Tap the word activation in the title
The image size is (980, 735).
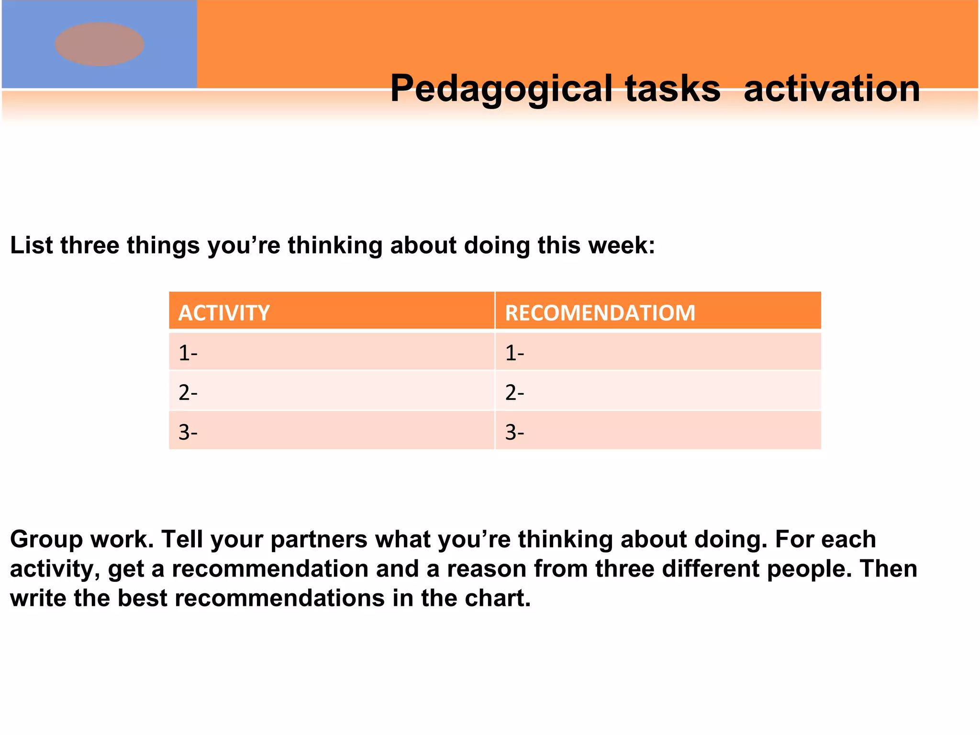832,89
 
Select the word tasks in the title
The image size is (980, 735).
672,89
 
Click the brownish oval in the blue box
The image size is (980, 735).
100,44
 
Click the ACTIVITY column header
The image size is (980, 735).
224,312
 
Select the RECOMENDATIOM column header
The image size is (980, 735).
600,312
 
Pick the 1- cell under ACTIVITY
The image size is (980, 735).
331,353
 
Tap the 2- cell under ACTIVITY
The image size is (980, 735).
331,392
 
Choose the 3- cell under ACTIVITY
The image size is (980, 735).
331,432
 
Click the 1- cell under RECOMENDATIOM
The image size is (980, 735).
658,353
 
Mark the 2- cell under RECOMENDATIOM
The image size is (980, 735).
658,392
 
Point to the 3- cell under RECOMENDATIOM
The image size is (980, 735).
658,432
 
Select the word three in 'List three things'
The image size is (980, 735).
89,245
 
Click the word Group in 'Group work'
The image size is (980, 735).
46,539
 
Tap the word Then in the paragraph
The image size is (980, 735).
889,569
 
